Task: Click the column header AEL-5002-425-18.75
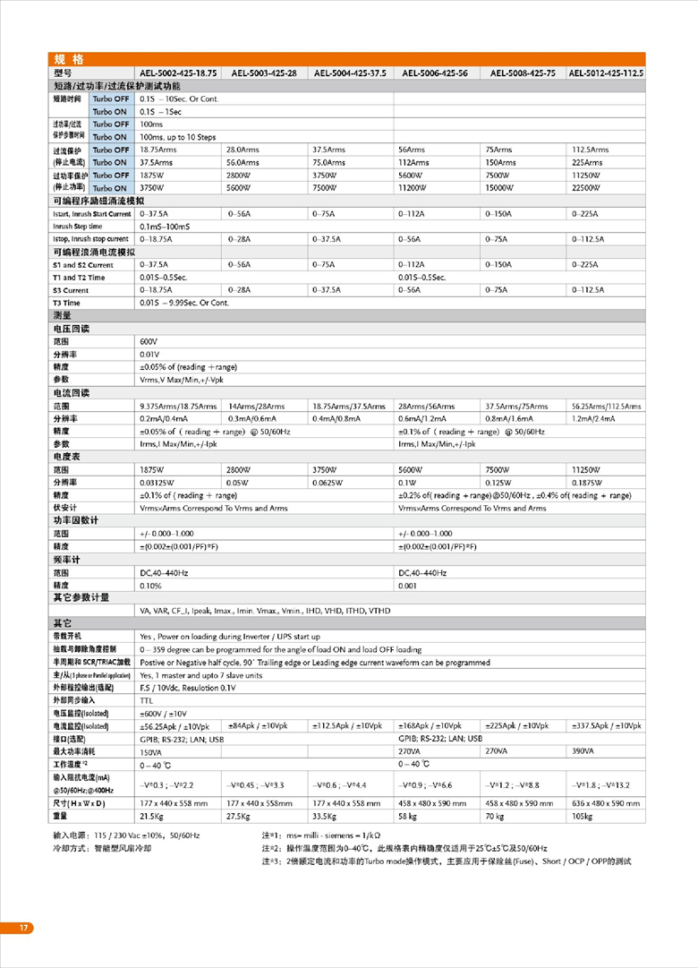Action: pos(178,73)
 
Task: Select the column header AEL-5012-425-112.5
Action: pos(606,73)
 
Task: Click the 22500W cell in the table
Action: pos(590,188)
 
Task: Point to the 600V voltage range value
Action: pos(149,342)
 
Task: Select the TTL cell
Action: pos(146,699)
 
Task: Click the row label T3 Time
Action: pos(67,303)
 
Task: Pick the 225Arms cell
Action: pos(588,163)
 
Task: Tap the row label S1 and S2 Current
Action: pos(83,265)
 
